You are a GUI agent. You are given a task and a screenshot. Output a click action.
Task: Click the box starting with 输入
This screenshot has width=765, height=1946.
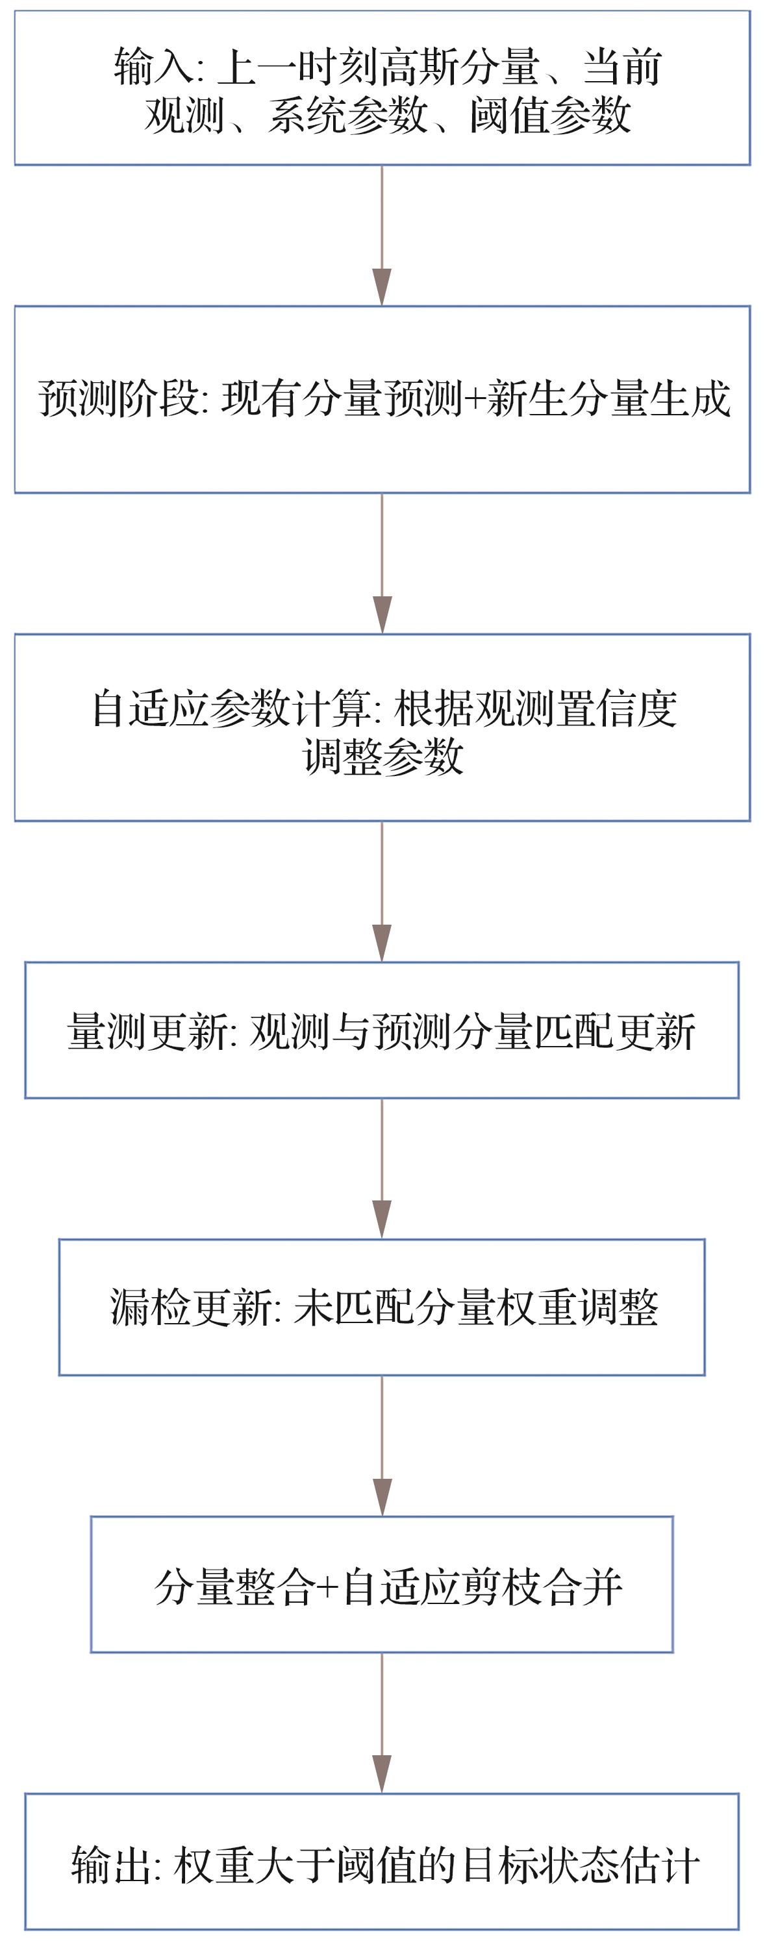[382, 88]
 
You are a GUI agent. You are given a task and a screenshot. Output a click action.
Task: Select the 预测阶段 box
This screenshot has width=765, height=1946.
[382, 400]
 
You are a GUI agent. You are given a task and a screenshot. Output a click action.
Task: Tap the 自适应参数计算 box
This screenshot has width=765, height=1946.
[382, 727]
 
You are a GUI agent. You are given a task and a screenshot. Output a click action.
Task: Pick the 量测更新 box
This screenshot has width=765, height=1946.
[382, 1030]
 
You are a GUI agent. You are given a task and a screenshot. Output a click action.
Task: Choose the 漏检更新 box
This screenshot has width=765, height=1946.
[382, 1307]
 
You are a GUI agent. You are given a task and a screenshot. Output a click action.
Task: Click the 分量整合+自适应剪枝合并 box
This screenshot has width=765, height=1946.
[382, 1584]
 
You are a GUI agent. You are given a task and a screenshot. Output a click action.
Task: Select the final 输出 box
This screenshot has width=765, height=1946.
[382, 1862]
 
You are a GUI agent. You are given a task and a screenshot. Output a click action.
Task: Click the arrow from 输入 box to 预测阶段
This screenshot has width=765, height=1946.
[382, 235]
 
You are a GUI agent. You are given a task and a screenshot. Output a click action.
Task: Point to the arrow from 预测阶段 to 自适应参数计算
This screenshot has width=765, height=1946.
[382, 563]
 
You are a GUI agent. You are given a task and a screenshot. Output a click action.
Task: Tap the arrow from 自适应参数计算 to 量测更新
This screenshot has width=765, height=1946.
[382, 892]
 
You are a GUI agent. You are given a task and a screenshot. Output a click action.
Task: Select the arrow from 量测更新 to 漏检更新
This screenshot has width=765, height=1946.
[382, 1168]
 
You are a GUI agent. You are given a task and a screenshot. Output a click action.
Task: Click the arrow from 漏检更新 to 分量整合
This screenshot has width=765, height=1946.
[382, 1445]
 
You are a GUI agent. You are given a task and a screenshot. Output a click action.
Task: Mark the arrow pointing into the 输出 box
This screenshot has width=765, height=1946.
[382, 1722]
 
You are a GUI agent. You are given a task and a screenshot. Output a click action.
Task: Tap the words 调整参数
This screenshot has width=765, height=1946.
[382, 756]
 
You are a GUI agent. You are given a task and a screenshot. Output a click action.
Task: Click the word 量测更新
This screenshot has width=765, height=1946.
[147, 1031]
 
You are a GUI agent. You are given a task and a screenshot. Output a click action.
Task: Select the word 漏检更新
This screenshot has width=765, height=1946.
[190, 1307]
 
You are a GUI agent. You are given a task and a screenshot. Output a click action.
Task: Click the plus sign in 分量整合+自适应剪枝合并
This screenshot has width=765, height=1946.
[327, 1586]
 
